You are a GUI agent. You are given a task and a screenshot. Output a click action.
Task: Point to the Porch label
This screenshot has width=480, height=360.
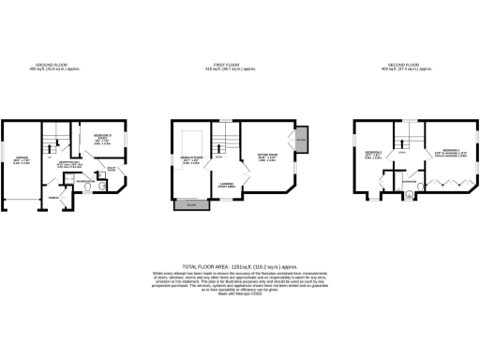[54, 198]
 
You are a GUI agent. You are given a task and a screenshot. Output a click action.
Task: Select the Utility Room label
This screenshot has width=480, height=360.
[113, 170]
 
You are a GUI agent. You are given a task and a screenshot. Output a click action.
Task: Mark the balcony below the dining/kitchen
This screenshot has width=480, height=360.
[191, 204]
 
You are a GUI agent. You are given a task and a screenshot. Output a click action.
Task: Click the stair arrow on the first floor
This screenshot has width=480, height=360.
[219, 144]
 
